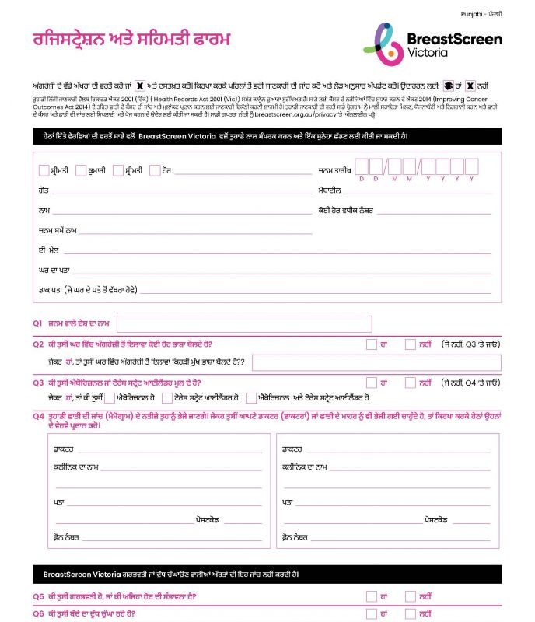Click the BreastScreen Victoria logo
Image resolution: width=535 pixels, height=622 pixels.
pos(433,43)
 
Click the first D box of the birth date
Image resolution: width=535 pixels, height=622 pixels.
pos(373,166)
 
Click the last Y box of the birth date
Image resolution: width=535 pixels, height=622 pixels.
pos(471,166)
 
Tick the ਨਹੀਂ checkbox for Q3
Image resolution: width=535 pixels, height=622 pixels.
pos(411,383)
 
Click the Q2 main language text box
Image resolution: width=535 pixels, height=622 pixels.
pos(380,362)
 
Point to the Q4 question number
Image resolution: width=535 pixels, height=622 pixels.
pos(38,416)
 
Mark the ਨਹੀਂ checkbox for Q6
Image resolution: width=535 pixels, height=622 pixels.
pos(411,613)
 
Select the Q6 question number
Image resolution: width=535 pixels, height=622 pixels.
pos(38,613)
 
